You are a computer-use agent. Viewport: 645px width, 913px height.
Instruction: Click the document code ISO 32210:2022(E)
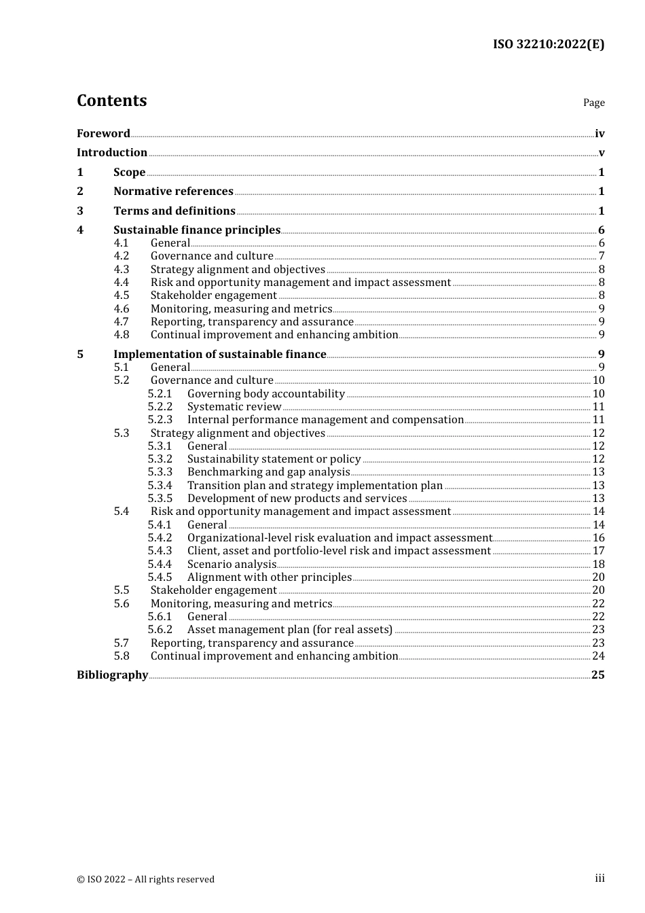click(x=548, y=44)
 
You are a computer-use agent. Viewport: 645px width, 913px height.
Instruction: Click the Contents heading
click(x=111, y=101)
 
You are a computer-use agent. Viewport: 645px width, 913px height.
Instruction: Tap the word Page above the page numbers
click(x=593, y=103)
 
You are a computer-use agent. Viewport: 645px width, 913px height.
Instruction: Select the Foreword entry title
click(x=103, y=134)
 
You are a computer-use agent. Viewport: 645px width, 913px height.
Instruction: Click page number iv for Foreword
click(x=600, y=134)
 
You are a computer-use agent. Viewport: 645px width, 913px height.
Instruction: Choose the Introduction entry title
click(x=112, y=153)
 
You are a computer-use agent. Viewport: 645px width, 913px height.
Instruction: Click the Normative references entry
click(x=173, y=192)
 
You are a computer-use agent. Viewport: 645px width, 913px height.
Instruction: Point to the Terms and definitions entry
click(x=174, y=211)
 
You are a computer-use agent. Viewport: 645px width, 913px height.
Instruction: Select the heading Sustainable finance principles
click(x=197, y=230)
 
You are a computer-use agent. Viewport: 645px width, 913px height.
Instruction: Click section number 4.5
click(x=122, y=296)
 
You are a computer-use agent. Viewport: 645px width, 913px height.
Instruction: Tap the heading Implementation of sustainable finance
click(x=220, y=355)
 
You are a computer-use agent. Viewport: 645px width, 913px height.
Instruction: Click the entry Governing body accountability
click(x=266, y=394)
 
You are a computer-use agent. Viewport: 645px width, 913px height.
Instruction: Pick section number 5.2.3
click(x=160, y=420)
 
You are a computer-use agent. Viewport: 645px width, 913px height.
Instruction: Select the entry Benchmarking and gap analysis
click(x=269, y=472)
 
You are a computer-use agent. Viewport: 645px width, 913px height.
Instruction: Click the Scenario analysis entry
click(x=232, y=565)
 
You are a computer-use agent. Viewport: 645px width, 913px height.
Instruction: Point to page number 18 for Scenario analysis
click(x=598, y=565)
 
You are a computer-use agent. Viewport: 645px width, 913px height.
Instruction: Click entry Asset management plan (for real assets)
click(x=290, y=630)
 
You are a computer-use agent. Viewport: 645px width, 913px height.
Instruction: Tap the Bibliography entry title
click(x=112, y=675)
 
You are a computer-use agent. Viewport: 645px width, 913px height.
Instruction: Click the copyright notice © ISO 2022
click(x=145, y=879)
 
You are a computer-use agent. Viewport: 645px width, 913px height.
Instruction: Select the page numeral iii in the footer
click(x=600, y=878)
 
